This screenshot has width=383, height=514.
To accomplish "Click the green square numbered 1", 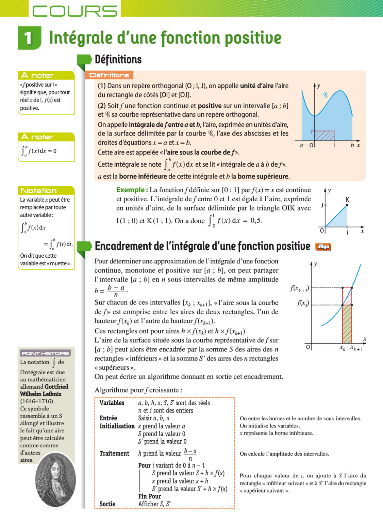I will [29, 38].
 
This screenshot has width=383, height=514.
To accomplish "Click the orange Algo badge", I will [323, 247].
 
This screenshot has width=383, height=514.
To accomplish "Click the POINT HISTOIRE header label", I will [45, 353].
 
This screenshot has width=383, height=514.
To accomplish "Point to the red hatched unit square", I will [324, 135].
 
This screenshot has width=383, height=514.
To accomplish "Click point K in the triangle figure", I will [347, 205].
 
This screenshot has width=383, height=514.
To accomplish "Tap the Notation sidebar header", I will [39, 190].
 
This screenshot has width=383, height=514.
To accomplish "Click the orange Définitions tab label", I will [109, 75].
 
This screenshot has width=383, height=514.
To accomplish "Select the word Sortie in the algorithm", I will [107, 504].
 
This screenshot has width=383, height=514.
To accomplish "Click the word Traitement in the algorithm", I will [114, 453].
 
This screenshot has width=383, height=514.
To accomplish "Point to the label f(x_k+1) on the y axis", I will [299, 289].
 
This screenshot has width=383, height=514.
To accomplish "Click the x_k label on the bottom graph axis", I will [343, 348].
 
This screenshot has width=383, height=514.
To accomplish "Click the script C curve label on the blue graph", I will [325, 95].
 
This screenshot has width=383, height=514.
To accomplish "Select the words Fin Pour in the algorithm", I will [149, 496].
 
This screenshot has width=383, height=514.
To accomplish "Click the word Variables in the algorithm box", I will [112, 403].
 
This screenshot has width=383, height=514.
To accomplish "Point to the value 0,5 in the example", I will [256, 220].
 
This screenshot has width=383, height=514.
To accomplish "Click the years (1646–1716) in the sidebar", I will [37, 401].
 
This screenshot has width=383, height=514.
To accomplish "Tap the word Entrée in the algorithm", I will [108, 418].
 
